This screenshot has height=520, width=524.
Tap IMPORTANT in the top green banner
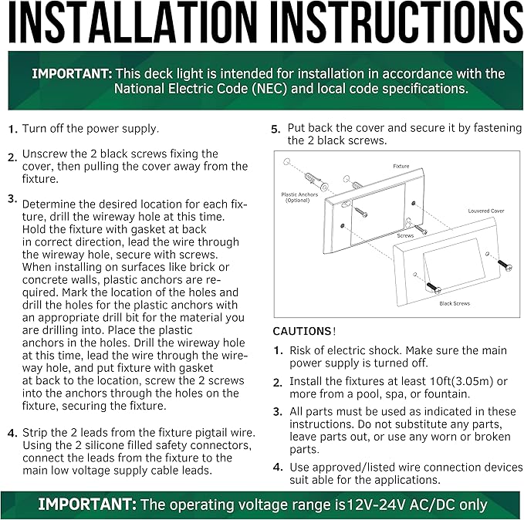coord(72,74)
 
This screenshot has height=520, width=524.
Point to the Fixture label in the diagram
coord(401,166)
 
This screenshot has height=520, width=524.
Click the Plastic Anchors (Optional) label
coord(299,198)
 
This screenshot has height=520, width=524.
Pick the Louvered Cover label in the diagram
coord(486,211)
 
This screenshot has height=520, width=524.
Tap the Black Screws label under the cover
coord(455,303)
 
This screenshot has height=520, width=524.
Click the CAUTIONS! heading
coord(304,331)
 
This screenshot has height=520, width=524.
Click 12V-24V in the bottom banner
coord(376,505)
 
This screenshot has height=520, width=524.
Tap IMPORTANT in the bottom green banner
coord(87,505)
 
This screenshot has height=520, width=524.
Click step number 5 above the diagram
coord(276,129)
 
